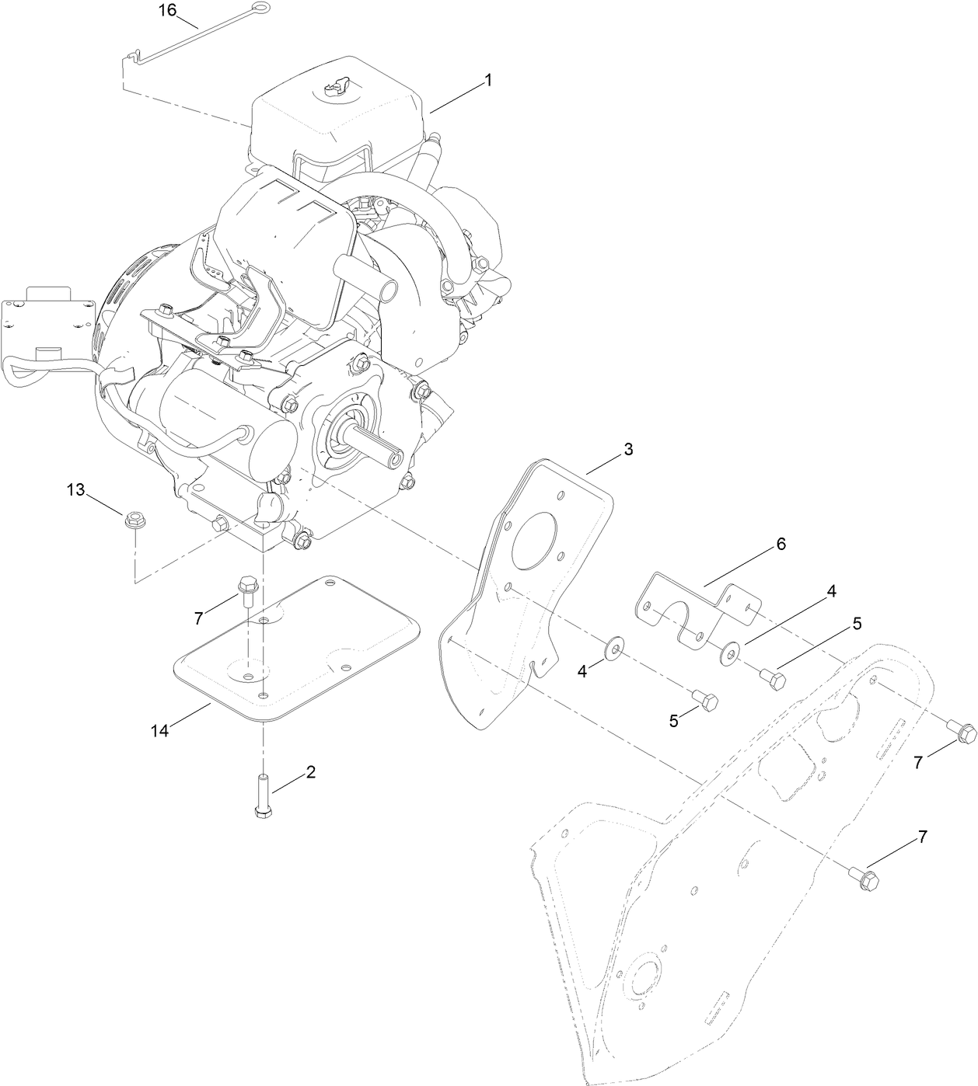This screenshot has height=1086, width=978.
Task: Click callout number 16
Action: pos(168,11)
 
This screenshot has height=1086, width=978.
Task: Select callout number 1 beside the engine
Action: pos(487,80)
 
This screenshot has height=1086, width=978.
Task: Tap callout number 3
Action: pos(627,449)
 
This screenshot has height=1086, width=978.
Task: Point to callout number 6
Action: pos(780,544)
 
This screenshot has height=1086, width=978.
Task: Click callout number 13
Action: pos(75,490)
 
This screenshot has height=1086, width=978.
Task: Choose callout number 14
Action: pos(159,730)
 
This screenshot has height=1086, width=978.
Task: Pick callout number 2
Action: pos(310,771)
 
